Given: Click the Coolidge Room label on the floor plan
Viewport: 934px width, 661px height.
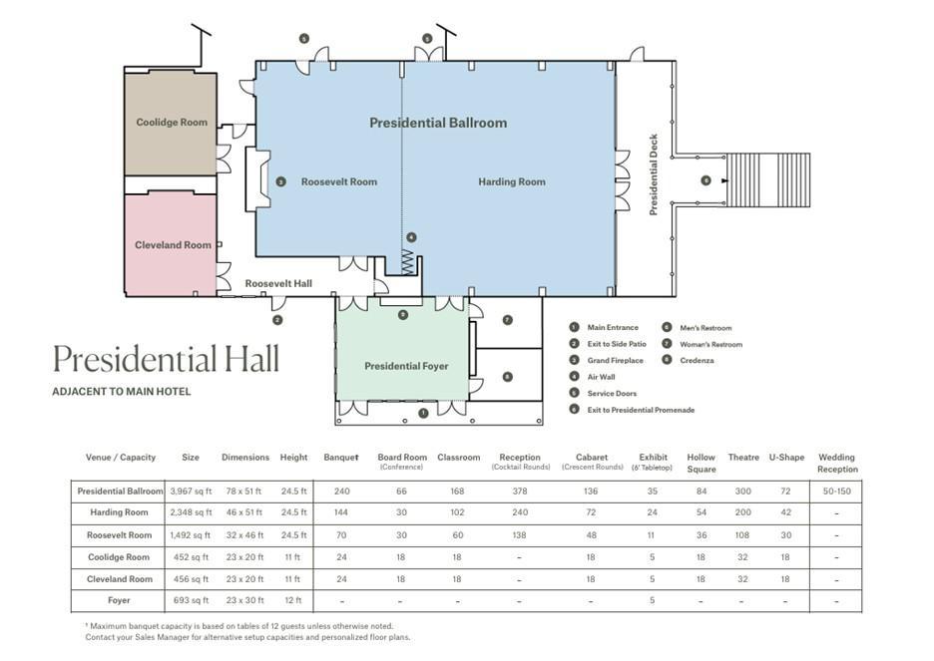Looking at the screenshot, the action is point(172,123).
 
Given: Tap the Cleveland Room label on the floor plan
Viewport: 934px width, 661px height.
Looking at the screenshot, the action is point(173,245).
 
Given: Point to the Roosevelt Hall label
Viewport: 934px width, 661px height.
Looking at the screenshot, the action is point(278,284).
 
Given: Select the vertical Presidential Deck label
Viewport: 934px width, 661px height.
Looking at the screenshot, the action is point(654,174).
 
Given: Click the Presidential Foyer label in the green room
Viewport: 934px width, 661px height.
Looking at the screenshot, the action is point(406,367).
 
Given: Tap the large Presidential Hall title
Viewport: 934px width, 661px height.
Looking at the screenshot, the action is point(166,360).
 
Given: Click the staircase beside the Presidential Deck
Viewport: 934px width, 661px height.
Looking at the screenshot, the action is point(768,180).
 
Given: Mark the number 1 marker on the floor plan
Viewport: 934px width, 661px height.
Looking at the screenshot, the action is point(423,413).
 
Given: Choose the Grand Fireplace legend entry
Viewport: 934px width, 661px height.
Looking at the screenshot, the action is point(615,361).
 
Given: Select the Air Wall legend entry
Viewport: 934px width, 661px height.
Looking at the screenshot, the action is point(601,377).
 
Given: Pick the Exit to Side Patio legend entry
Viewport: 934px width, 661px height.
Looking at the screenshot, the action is point(617,344).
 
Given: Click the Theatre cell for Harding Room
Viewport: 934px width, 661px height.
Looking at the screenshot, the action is point(742,512).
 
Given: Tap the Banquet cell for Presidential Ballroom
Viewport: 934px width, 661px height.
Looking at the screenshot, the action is point(342,492).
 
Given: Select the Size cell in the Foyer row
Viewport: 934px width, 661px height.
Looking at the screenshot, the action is point(191,600).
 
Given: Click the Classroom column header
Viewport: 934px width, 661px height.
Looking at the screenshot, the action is point(459,458).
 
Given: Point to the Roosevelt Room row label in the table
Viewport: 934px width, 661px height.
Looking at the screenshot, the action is point(119,534).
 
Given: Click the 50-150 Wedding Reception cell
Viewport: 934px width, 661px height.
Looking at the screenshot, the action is point(837,492).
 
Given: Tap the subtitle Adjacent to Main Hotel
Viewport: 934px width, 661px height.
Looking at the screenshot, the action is point(122,392).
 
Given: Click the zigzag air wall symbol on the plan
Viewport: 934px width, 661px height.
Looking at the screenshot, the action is point(407,262).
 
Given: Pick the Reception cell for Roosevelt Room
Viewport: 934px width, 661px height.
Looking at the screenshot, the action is point(520,534).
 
